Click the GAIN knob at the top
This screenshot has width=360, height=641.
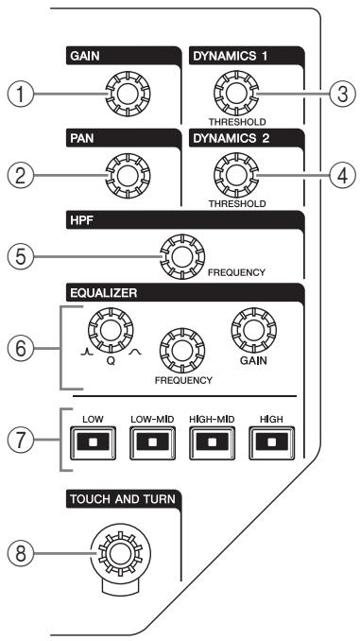pos(128,94)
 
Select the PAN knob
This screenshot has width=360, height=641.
pos(128,176)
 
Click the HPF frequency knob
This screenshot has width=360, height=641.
pos(181,256)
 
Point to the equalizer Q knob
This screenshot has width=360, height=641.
pos(111,330)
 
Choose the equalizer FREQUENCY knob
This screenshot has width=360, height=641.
pos(181,351)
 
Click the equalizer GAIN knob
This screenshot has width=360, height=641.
pos(253,330)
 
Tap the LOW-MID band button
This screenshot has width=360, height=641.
pos(152,442)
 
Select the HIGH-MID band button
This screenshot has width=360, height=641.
pos(212,442)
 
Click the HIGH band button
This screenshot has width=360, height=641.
pos(272,442)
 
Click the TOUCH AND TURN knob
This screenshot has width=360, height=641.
pos(121,553)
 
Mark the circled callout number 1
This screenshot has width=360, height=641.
pos(20,94)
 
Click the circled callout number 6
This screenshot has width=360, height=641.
pos(20,349)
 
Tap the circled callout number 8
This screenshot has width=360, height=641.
pos(20,553)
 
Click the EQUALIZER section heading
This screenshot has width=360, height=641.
pos(103,293)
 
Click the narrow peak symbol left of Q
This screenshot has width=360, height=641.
pos(85,352)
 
